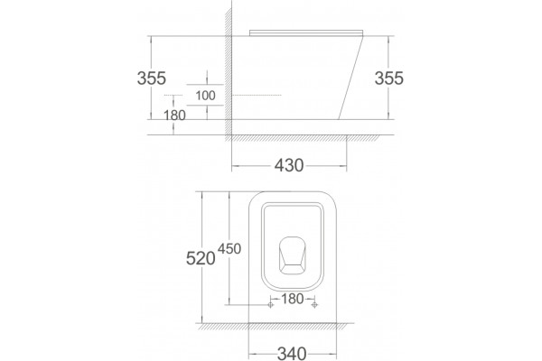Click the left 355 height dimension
point(152,79)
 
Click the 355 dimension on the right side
point(388,79)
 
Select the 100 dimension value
point(205,96)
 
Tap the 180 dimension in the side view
point(174,115)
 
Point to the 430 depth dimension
point(289,165)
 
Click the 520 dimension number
point(201,258)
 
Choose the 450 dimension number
point(229,248)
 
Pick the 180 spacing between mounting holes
point(293,299)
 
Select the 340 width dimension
point(292,354)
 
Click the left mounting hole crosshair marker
point(271,305)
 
